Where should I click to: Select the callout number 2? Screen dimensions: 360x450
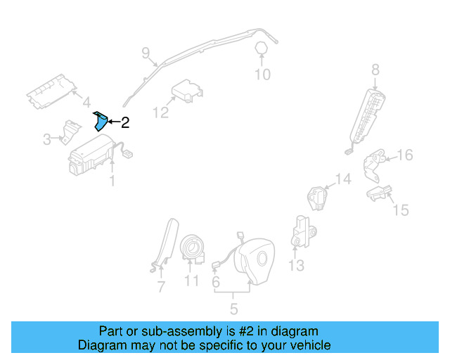coord(125,123)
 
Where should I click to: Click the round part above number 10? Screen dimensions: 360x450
coord(261,48)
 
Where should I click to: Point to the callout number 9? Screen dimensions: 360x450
coord(146,52)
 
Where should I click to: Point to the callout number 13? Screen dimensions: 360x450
coord(296,265)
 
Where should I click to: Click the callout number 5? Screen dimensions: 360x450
coord(233,308)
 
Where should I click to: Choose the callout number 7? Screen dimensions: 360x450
coord(161,287)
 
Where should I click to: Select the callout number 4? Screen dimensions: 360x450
coord(86,101)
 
